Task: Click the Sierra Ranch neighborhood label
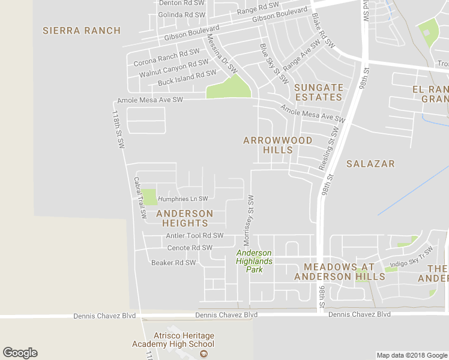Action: coord(82,31)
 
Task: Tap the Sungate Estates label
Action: coord(319,92)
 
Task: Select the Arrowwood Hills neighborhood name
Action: coord(277,145)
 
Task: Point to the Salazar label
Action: coord(370,163)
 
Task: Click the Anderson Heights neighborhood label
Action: coord(184,218)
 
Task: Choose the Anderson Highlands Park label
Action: coord(254,262)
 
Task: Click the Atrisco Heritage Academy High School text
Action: coord(173,340)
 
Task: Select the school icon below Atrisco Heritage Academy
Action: coord(203,354)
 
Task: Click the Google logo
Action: coord(20,353)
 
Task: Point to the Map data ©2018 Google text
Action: coord(411,355)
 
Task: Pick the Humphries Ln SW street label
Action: coord(182,199)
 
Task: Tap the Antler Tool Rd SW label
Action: coord(194,236)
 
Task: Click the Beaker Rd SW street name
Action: coord(173,262)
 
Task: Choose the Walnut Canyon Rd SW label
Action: coord(169,70)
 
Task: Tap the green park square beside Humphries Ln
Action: coord(148,197)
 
